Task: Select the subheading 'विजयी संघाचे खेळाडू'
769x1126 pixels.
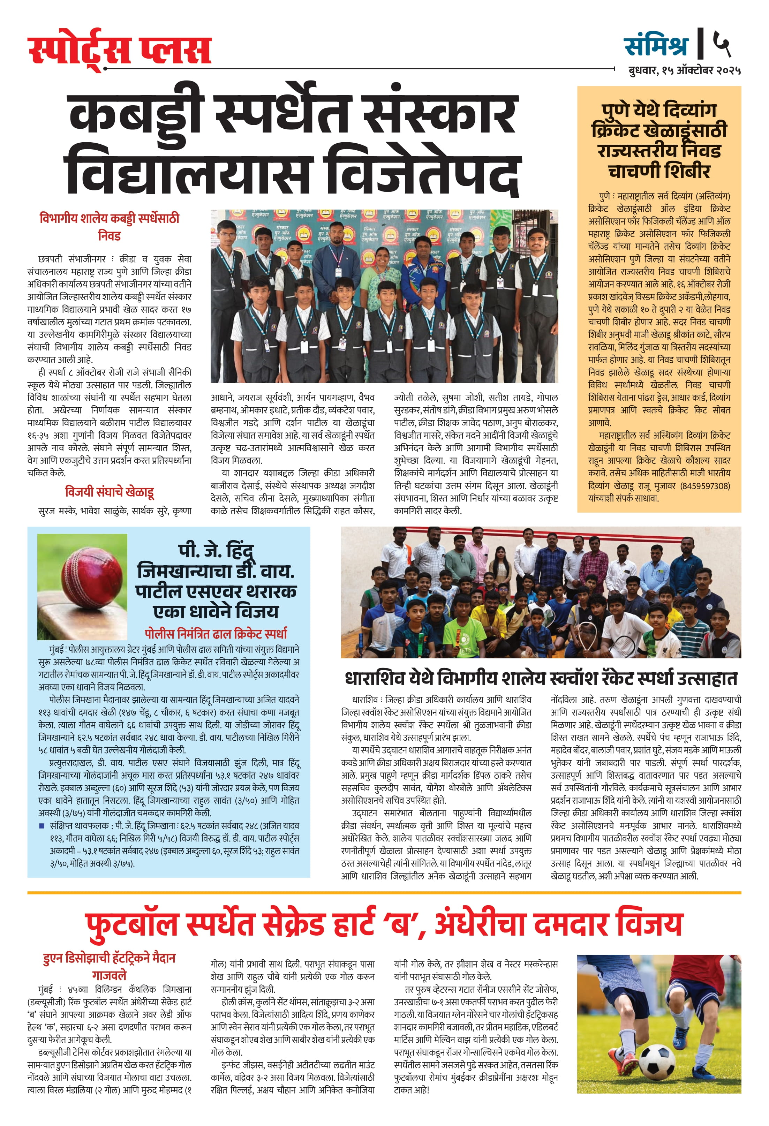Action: (110, 492)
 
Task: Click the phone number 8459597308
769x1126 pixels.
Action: (706, 485)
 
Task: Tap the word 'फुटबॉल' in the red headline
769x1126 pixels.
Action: (132, 923)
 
